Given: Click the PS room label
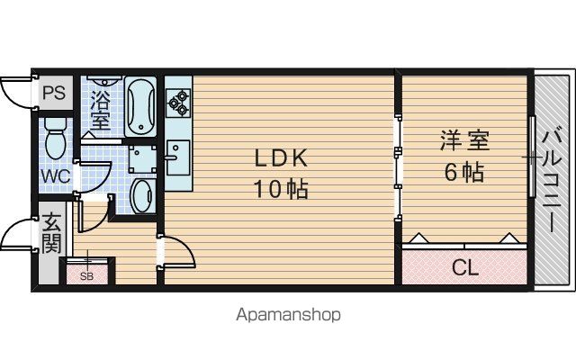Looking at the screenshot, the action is [54, 92].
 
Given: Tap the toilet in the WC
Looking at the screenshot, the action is [55, 138].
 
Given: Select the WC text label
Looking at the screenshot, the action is [56, 176].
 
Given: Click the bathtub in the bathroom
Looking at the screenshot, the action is [140, 106].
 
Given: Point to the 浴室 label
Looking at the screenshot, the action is [100, 110].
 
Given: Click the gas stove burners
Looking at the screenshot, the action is [178, 103].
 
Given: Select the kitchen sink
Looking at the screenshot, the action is [178, 157].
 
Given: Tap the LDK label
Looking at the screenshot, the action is [281, 159].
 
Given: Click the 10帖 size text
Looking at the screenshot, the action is [282, 190].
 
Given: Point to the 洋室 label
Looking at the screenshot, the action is [464, 140].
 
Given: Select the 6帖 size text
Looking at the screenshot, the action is [464, 172].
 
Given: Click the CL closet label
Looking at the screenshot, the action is [465, 267].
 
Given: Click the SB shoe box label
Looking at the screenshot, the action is [86, 276].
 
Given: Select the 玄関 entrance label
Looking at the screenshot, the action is [51, 233].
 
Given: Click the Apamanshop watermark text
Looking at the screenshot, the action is [288, 315].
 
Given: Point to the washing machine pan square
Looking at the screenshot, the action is [142, 159].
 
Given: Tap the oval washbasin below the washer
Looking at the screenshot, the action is [143, 196].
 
